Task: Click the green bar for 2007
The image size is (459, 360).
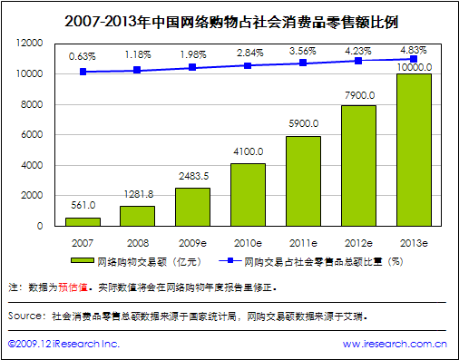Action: coord(83,221)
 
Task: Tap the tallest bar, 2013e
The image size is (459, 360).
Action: coord(413,150)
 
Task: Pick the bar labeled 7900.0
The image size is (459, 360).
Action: coord(357,166)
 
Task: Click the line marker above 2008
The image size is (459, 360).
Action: coord(138,70)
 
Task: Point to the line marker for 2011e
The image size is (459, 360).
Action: coord(303,63)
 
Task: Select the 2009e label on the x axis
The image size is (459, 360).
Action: coord(192,242)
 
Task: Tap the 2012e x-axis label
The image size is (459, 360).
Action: coord(357,242)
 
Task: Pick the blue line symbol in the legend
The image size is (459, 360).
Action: coord(230,262)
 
